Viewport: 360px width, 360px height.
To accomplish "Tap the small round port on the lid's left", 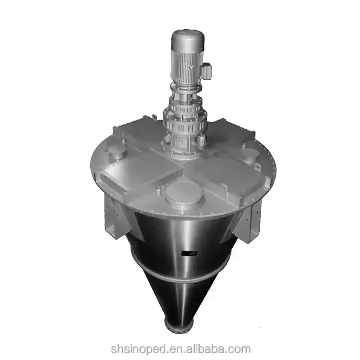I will pos(117,153).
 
